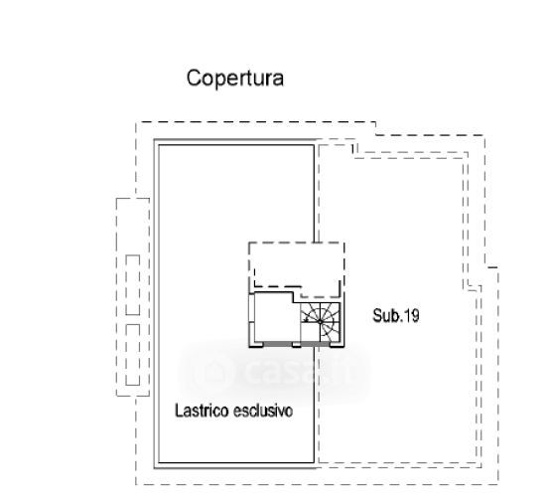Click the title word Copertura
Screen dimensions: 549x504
235,79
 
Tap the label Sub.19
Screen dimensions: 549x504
396,315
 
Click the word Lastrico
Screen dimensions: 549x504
202,411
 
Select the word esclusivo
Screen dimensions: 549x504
263,411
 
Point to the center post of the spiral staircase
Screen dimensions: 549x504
320,322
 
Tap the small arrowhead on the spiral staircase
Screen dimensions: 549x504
307,319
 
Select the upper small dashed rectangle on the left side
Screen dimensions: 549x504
133,284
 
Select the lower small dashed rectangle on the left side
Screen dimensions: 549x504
133,355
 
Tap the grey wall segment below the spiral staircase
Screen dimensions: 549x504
316,344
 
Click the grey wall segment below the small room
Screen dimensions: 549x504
277,344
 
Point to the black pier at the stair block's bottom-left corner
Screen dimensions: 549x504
256,345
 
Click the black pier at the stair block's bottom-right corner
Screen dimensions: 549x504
338,345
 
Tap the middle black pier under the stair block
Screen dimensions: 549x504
296,345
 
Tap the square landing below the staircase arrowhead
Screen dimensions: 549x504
310,332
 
